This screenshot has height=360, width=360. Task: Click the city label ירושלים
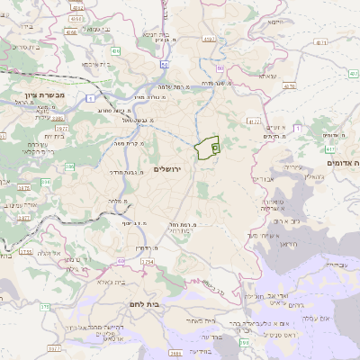coord(168,169)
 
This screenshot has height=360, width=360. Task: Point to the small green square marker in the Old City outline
coord(214,147)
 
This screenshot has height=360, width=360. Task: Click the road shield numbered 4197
coord(209,40)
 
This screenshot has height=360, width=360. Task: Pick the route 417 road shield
coord(330,148)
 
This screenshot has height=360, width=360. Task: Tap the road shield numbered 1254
coord(147,261)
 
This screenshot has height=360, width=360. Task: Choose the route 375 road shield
coord(44,307)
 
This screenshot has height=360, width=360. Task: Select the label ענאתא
coord(267,77)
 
